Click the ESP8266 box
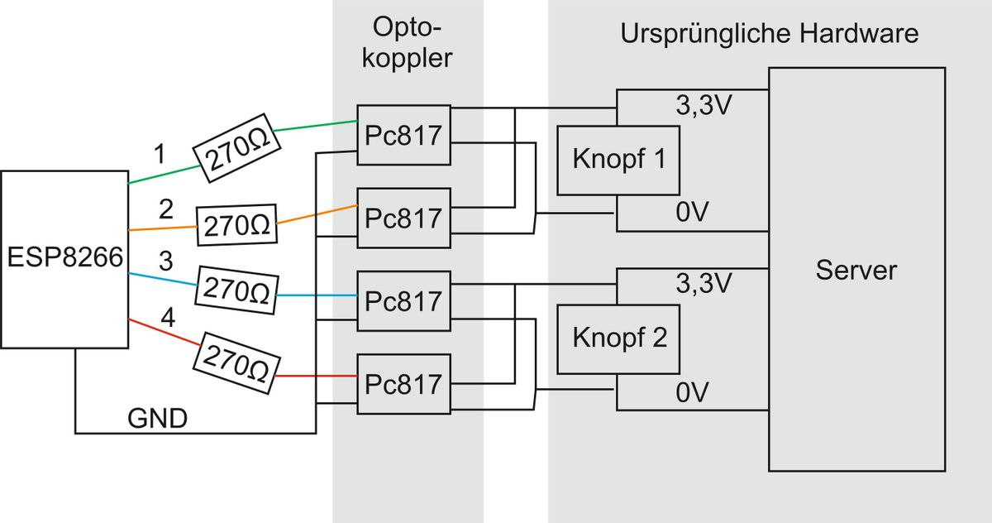(x=64, y=259)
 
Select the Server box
(x=856, y=270)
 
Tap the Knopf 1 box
(x=618, y=160)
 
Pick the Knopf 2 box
(x=618, y=339)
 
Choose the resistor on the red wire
(x=236, y=365)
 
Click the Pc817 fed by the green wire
(x=403, y=136)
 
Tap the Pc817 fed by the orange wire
(x=403, y=218)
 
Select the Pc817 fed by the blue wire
(x=403, y=300)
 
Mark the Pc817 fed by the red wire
(x=403, y=384)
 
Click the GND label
(x=157, y=420)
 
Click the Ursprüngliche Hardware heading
(x=769, y=35)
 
